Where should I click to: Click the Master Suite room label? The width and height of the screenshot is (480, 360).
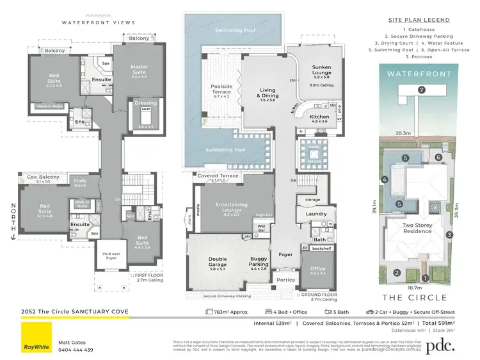tap(139, 70)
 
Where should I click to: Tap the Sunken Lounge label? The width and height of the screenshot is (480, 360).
tap(321, 70)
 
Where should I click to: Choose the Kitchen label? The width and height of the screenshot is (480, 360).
tap(320, 117)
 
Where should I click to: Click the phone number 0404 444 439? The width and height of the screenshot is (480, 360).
tap(76, 350)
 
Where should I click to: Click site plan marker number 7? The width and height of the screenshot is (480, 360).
tap(420, 90)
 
